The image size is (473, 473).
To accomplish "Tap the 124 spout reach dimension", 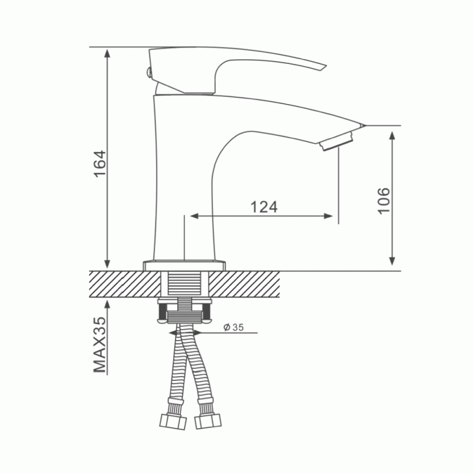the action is [x=264, y=207].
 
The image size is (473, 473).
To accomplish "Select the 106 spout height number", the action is [x=384, y=201].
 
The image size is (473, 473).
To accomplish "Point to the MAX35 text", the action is [x=100, y=345].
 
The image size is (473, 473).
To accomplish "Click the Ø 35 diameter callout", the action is [x=234, y=328].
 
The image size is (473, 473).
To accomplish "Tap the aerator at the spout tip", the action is [x=336, y=141].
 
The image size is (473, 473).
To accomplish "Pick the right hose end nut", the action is [x=208, y=421].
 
